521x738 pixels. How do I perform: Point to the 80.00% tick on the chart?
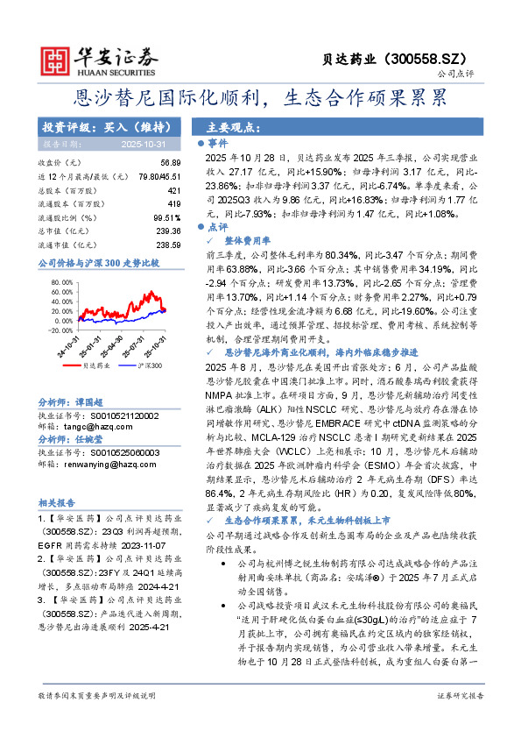(x=61, y=282)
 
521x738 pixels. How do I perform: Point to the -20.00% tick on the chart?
(x=60, y=330)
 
